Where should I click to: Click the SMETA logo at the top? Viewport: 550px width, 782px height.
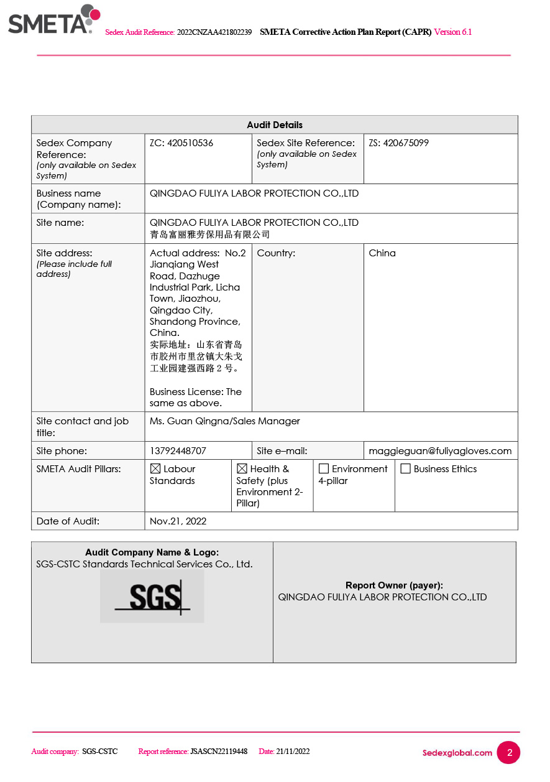click(x=53, y=20)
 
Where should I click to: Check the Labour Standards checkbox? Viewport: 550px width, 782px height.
click(x=155, y=469)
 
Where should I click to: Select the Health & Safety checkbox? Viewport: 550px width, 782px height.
click(x=242, y=469)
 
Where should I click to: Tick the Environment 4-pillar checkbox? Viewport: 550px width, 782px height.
click(x=324, y=469)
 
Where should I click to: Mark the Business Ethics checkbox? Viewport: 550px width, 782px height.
click(x=406, y=469)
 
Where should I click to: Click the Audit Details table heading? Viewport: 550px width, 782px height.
click(x=275, y=125)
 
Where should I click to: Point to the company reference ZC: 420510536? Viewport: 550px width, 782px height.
click(x=181, y=143)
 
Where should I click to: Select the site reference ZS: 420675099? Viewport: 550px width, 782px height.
click(x=398, y=143)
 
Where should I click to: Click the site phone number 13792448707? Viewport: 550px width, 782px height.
click(x=178, y=451)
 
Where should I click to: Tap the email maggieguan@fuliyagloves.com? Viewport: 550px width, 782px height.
click(x=440, y=451)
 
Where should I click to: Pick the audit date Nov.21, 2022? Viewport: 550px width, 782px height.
click(x=178, y=521)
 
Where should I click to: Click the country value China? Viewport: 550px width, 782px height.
click(x=382, y=253)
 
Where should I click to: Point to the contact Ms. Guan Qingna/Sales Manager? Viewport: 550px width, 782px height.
click(x=224, y=421)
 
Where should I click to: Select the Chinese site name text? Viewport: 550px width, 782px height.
click(x=209, y=235)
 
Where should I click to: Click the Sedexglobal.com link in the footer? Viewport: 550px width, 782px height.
click(x=457, y=753)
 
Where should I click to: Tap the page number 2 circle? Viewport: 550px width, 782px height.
click(x=510, y=753)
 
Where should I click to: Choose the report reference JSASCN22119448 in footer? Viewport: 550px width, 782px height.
click(x=218, y=752)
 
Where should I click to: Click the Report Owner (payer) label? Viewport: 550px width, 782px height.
click(x=394, y=585)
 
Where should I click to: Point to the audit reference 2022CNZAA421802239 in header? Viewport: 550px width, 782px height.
click(x=214, y=32)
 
